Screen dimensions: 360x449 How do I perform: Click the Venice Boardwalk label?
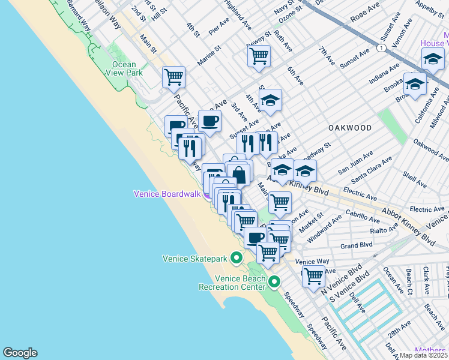click(x=167, y=193)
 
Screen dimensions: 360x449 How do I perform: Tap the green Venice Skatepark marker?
click(x=237, y=259)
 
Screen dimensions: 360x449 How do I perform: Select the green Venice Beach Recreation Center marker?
click(x=274, y=281)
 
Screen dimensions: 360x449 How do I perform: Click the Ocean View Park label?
click(x=127, y=68)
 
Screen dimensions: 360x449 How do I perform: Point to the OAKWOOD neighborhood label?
click(x=349, y=128)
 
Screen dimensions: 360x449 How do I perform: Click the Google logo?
click(x=20, y=353)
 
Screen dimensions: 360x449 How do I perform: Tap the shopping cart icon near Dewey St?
click(x=259, y=57)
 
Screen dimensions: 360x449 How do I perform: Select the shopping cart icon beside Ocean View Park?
click(x=173, y=77)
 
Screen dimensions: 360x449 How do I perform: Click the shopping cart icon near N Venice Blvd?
click(x=313, y=277)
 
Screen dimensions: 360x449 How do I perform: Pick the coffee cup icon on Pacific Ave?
click(x=209, y=121)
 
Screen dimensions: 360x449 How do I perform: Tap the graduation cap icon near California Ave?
click(x=415, y=84)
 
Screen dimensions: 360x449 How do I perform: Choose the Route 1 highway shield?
click(x=381, y=47)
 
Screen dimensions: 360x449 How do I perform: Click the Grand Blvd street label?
click(x=357, y=245)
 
